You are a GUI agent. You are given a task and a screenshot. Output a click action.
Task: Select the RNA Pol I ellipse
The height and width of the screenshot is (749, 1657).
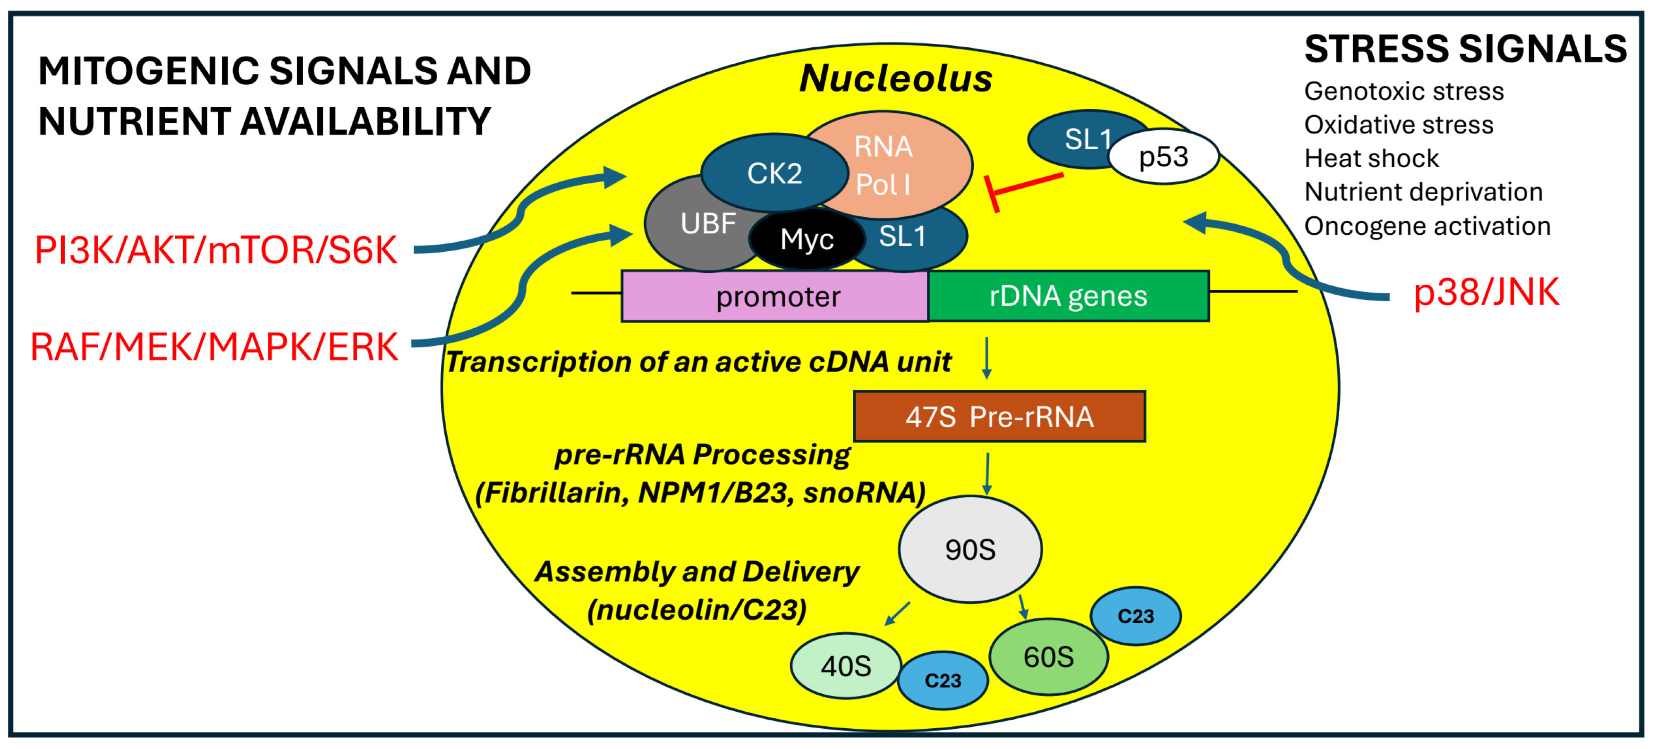coord(901,161)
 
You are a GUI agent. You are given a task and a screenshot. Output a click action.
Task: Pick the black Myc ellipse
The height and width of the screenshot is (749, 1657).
coord(807,239)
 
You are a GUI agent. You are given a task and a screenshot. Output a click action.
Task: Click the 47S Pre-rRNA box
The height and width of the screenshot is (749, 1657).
coord(999,417)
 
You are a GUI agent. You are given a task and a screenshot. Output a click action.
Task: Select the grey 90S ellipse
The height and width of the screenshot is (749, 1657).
coord(970,549)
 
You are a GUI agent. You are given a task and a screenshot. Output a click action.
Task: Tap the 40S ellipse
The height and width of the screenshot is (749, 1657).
coord(845,666)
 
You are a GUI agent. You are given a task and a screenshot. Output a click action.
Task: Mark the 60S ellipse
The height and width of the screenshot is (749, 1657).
coord(1048,657)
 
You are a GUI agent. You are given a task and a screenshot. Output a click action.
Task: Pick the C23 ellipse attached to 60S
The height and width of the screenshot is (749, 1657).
coord(1135,616)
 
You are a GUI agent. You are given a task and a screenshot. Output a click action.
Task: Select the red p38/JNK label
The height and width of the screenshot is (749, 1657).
coord(1486,292)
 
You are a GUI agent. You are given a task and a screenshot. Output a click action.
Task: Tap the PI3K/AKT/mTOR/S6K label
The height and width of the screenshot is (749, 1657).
coord(215,250)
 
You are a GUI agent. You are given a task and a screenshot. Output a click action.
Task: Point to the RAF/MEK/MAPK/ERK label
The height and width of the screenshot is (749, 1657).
coord(214,347)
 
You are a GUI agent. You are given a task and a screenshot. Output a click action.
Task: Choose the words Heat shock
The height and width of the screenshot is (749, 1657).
coord(1371,158)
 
